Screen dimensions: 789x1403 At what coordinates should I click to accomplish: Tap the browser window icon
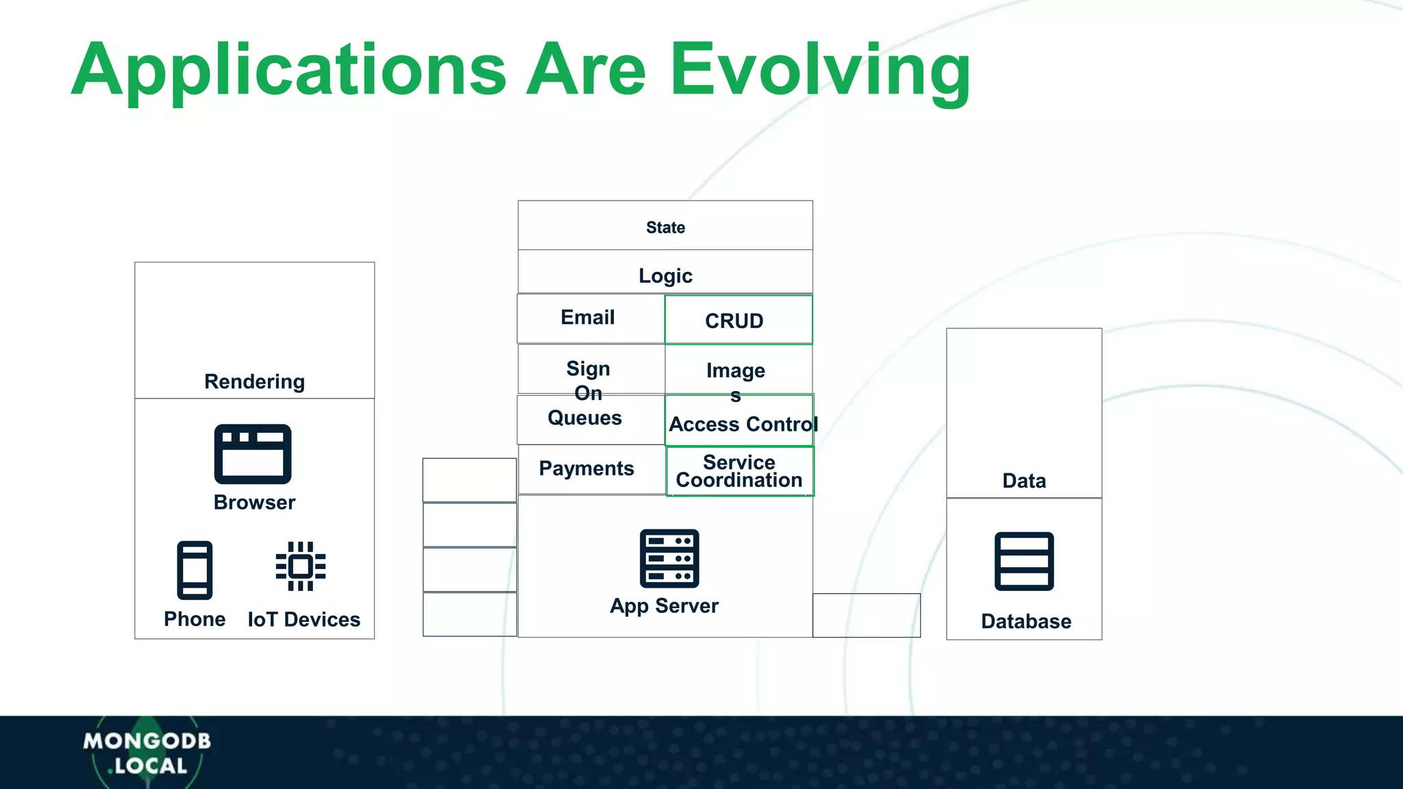click(x=253, y=454)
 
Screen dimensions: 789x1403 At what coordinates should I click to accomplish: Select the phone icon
click(x=195, y=570)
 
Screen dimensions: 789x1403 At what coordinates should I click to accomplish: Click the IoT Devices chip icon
click(x=301, y=566)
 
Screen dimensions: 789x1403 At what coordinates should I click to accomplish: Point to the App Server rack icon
click(x=669, y=558)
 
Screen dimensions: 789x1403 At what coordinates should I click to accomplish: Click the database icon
click(x=1024, y=561)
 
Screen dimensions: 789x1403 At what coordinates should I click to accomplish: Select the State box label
click(x=665, y=227)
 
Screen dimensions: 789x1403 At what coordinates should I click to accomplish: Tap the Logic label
click(x=665, y=275)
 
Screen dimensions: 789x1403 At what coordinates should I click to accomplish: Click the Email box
click(x=588, y=318)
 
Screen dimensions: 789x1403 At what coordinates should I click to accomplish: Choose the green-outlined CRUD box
click(x=738, y=320)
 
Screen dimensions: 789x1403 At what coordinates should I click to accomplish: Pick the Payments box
click(x=587, y=468)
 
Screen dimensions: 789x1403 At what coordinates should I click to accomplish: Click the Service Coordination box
click(x=739, y=471)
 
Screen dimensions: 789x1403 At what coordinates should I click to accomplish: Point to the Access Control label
click(x=743, y=424)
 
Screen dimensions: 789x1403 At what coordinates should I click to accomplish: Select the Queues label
click(x=584, y=418)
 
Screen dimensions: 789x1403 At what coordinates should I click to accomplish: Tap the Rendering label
click(x=254, y=381)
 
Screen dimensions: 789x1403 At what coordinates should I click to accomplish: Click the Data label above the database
click(x=1024, y=480)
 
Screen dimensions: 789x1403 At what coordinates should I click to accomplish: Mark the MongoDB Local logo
click(x=147, y=753)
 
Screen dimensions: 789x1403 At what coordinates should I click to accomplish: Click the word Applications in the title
click(x=288, y=71)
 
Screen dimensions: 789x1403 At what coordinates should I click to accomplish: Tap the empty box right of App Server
click(x=866, y=615)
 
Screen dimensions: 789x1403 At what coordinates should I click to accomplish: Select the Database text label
click(x=1026, y=621)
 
